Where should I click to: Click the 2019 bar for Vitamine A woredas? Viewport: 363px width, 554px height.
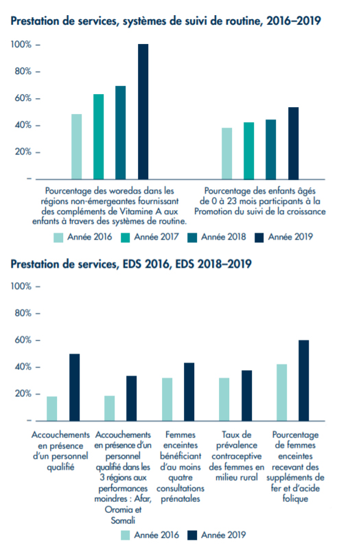tap(143, 112)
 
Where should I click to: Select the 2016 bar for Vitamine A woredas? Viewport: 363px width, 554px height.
tap(77, 147)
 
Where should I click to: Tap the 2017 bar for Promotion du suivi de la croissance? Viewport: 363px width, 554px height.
tap(248, 151)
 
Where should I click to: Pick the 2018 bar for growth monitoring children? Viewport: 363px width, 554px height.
tap(271, 150)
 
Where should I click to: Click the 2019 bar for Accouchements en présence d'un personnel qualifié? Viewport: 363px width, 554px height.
tap(75, 387)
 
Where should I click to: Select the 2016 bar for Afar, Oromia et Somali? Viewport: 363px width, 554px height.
tap(110, 408)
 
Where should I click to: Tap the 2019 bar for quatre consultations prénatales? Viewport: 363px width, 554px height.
tap(189, 392)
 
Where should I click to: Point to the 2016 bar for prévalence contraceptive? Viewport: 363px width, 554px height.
tap(224, 400)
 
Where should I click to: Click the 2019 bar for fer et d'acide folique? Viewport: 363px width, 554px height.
tap(304, 380)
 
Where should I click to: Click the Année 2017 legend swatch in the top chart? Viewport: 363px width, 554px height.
tap(126, 238)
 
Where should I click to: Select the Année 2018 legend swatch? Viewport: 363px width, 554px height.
tap(192, 238)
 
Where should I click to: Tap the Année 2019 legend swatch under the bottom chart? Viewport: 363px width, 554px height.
tap(192, 535)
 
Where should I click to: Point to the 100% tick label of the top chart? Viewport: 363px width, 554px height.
tap(21, 45)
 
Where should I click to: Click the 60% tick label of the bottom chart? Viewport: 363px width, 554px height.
tap(23, 341)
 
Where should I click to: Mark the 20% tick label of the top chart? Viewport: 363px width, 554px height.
tap(23, 152)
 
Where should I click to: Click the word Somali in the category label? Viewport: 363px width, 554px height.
tap(123, 520)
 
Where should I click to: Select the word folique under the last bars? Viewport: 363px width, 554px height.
tap(295, 499)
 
